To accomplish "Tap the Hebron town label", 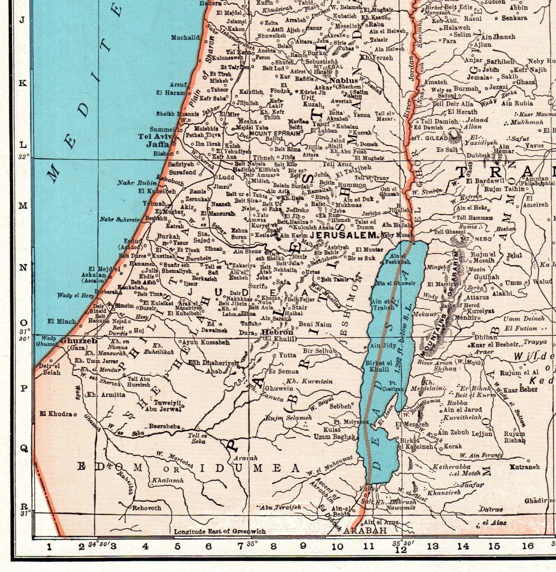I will tap(278, 332).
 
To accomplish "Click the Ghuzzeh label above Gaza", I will tap(79, 341).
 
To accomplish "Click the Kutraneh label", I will tap(525, 467).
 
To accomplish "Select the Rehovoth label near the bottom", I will tap(146, 508).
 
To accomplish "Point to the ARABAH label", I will tap(366, 530).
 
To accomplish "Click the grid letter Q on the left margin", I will tap(22, 448).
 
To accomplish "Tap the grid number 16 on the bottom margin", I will tap(528, 546).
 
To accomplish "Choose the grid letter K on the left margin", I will tap(22, 83).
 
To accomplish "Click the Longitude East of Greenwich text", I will tap(220, 531).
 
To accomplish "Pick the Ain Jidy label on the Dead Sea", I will tap(382, 346).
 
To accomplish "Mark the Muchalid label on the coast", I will tap(185, 37).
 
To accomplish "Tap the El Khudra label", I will tap(56, 414).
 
